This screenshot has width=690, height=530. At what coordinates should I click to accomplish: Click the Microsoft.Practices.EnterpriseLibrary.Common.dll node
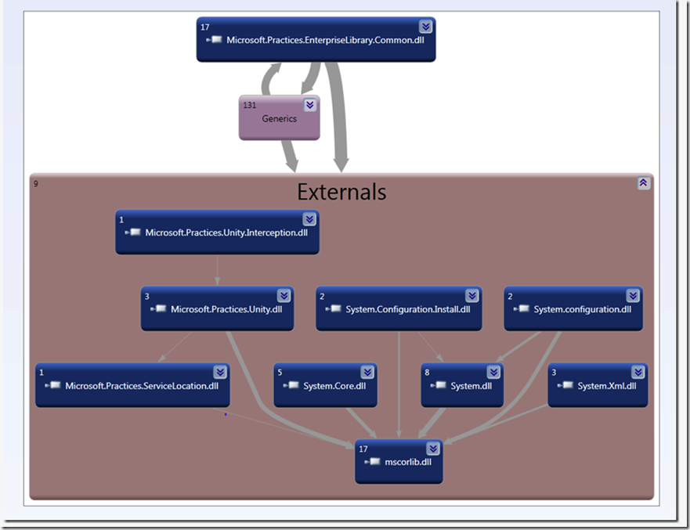pos(316,40)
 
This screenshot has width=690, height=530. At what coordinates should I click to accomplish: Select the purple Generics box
pos(280,119)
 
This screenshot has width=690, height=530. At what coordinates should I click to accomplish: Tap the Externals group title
pos(341,192)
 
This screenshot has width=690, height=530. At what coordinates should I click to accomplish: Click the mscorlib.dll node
pos(399,461)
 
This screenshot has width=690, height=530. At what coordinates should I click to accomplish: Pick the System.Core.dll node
pos(325,385)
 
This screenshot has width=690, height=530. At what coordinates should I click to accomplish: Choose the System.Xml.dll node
pos(598,385)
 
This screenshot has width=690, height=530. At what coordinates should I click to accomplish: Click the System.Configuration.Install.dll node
pos(397,309)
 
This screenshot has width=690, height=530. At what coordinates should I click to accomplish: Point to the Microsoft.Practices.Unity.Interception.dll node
pos(217,232)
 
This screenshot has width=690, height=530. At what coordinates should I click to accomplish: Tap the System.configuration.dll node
pos(573,309)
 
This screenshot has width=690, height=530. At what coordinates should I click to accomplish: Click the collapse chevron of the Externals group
pos(643,182)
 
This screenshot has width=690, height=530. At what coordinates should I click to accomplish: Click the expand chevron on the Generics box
pos(310,104)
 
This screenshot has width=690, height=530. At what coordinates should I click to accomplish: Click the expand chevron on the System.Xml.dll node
pos(638,373)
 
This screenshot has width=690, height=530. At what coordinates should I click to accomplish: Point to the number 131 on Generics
pos(251,104)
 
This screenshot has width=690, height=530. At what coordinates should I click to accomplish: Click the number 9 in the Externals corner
pos(35,185)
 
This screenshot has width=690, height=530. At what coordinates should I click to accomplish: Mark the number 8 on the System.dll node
pos(427,373)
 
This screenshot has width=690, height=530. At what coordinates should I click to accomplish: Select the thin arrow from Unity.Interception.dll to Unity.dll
pos(217,269)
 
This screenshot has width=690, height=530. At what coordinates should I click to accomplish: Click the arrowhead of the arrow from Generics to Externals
pos(291,164)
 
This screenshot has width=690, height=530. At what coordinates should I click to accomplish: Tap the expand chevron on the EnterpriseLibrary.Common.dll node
pos(425,27)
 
